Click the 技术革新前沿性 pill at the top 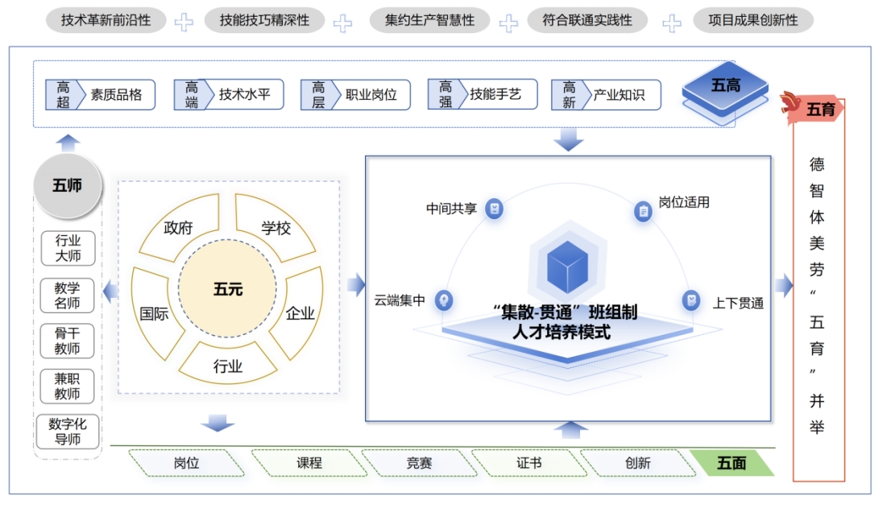(x=106, y=20)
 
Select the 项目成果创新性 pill (x=753, y=20)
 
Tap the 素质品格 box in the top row (x=100, y=94)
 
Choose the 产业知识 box (x=607, y=94)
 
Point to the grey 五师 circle (x=67, y=186)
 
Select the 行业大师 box (x=68, y=249)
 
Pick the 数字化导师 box (x=68, y=432)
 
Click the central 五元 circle (x=227, y=289)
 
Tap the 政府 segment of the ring (x=177, y=229)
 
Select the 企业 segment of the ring (x=300, y=312)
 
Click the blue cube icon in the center (x=567, y=267)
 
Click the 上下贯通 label (x=737, y=304)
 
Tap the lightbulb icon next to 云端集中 (x=442, y=300)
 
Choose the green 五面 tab (x=731, y=463)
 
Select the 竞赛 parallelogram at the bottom (x=419, y=463)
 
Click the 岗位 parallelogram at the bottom (x=186, y=463)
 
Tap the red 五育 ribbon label (x=818, y=110)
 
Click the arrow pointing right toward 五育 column (x=784, y=285)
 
